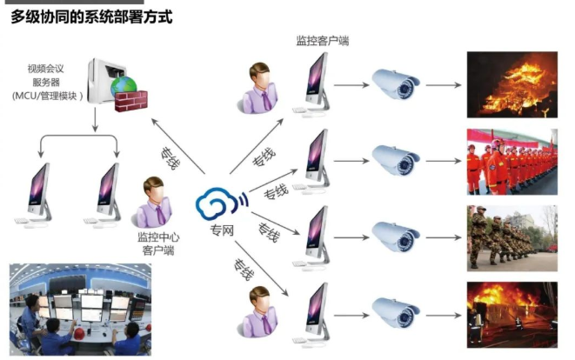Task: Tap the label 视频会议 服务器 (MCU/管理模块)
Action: point(54,82)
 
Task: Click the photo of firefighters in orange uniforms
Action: point(511,161)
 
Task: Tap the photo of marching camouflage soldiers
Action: point(511,238)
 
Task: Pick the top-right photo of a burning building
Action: point(511,84)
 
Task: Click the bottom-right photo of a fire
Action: point(511,315)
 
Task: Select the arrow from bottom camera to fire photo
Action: point(445,315)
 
